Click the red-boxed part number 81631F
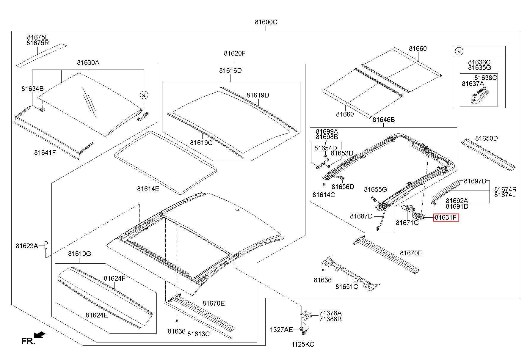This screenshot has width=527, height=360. click(x=446, y=218)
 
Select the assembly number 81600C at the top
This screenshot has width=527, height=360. click(x=266, y=22)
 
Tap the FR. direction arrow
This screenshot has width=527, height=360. click(x=40, y=335)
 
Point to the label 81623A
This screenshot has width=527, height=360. click(x=27, y=246)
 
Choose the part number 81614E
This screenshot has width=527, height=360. click(x=148, y=188)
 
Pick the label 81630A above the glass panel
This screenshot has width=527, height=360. click(x=88, y=62)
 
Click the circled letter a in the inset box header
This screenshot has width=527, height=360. click(x=459, y=51)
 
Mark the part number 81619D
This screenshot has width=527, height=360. click(x=258, y=95)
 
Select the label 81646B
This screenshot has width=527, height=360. click(x=384, y=120)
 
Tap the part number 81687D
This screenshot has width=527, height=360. click(x=361, y=216)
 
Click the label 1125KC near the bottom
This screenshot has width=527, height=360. click(x=303, y=344)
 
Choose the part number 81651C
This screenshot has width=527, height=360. click(x=346, y=287)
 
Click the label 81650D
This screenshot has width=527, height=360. click(x=486, y=138)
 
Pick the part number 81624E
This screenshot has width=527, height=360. click(x=97, y=315)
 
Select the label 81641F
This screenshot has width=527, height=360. click(x=45, y=153)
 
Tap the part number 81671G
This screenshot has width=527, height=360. click(x=407, y=222)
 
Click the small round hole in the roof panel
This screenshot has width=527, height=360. click(x=237, y=210)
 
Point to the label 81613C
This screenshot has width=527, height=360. click(x=198, y=334)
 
